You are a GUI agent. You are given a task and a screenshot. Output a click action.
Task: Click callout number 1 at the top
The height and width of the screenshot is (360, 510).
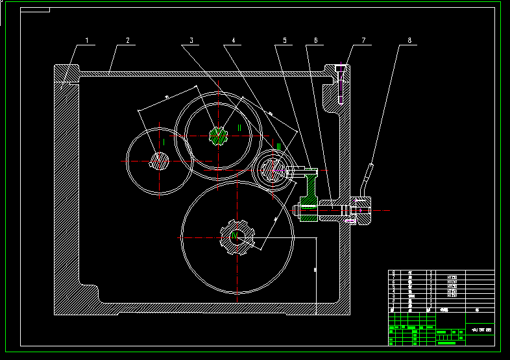click(x=86, y=40)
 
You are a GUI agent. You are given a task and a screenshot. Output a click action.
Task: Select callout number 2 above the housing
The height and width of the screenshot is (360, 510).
click(x=127, y=40)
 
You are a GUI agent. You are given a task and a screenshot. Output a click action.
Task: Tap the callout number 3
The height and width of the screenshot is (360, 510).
click(x=191, y=40)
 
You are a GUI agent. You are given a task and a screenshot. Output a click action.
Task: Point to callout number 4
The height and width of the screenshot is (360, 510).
click(x=232, y=40)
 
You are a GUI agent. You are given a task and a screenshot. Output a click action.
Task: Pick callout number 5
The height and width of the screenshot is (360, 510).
click(x=284, y=40)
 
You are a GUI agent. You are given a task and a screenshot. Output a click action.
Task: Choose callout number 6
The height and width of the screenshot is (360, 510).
click(x=315, y=40)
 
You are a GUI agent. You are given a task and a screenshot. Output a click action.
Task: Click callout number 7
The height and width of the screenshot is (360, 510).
click(x=363, y=40)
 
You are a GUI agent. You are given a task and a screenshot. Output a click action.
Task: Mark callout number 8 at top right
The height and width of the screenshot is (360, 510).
click(x=409, y=40)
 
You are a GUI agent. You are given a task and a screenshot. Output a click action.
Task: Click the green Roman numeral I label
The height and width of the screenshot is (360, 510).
click(x=164, y=141)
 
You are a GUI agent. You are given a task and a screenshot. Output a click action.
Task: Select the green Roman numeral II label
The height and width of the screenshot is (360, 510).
click(x=239, y=128)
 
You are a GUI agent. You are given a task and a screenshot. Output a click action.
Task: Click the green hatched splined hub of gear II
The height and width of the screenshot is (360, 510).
click(x=219, y=135)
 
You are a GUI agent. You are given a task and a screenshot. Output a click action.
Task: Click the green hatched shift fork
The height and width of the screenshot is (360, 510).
click(x=310, y=195)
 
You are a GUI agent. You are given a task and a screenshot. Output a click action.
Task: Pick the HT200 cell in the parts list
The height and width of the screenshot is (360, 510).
click(x=452, y=277)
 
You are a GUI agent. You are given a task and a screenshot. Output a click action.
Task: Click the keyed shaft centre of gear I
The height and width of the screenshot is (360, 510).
click(x=160, y=160)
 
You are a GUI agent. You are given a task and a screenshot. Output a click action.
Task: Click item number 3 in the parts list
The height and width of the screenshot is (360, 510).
click(x=393, y=296)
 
